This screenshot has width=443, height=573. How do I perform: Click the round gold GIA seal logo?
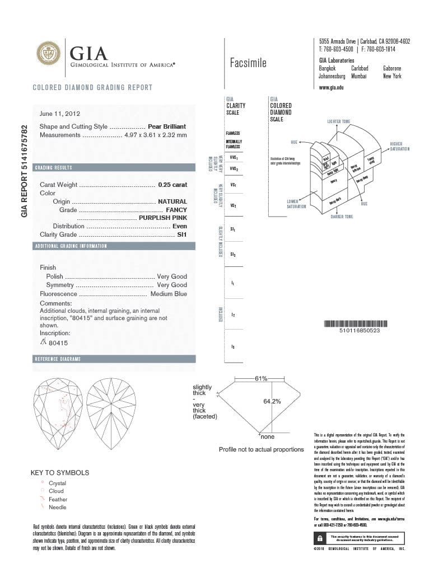click(48, 53)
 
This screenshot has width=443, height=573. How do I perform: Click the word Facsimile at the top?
click(248, 63)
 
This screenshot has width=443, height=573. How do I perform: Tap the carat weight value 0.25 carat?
click(172, 185)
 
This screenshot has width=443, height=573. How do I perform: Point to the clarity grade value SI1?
click(181, 235)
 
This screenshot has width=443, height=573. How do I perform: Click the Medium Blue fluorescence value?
click(169, 294)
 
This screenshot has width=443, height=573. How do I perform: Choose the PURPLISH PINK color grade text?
click(162, 218)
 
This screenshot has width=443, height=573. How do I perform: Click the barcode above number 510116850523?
click(355, 323)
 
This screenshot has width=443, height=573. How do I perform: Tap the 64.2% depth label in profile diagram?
click(272, 401)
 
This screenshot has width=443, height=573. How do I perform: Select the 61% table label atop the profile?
click(261, 379)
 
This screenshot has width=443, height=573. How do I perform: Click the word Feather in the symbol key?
click(58, 499)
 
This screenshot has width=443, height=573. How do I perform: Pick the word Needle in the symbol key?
click(57, 508)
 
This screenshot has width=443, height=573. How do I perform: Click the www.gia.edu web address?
click(331, 88)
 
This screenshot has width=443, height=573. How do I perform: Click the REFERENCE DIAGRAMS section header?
click(57, 359)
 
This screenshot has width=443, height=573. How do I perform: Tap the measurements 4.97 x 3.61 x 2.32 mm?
click(155, 135)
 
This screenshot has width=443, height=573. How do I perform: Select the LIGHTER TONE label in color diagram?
click(338, 121)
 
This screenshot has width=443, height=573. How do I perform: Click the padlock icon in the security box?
click(319, 538)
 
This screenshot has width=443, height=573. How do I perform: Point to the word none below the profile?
click(268, 436)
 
